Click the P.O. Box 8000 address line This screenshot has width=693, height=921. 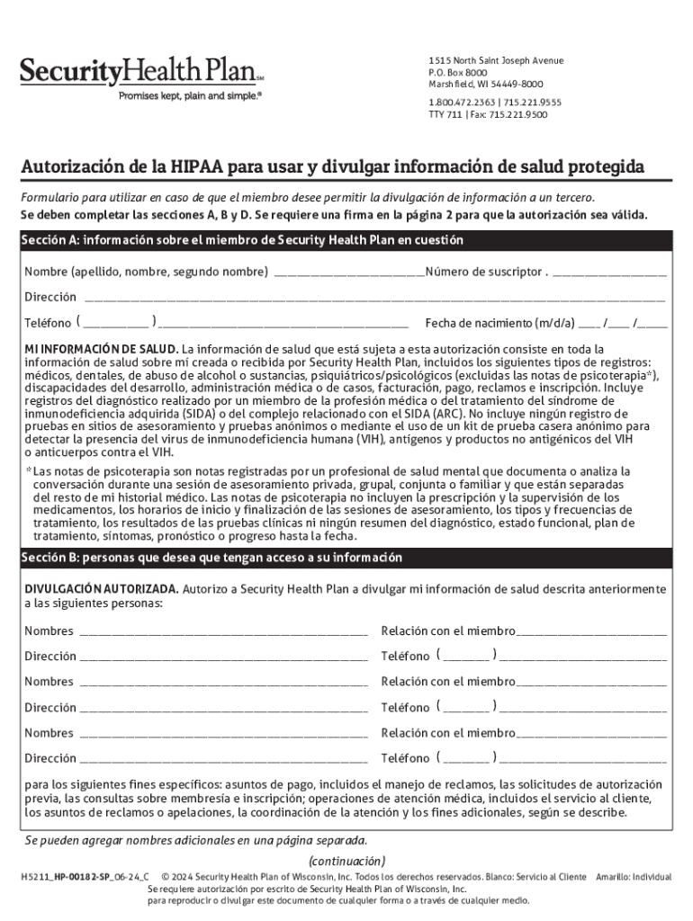(x=458, y=73)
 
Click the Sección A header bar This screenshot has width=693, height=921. (x=346, y=241)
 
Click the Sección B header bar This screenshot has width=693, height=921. (x=346, y=558)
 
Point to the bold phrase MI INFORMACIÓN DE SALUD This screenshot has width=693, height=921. (x=101, y=348)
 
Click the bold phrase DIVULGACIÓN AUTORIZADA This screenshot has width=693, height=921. (x=101, y=590)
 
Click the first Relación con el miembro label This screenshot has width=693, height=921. (x=448, y=631)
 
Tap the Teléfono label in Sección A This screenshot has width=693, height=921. (x=48, y=323)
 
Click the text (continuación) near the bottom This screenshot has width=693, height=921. (x=346, y=860)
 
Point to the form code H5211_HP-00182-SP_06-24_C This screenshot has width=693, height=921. (x=85, y=876)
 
